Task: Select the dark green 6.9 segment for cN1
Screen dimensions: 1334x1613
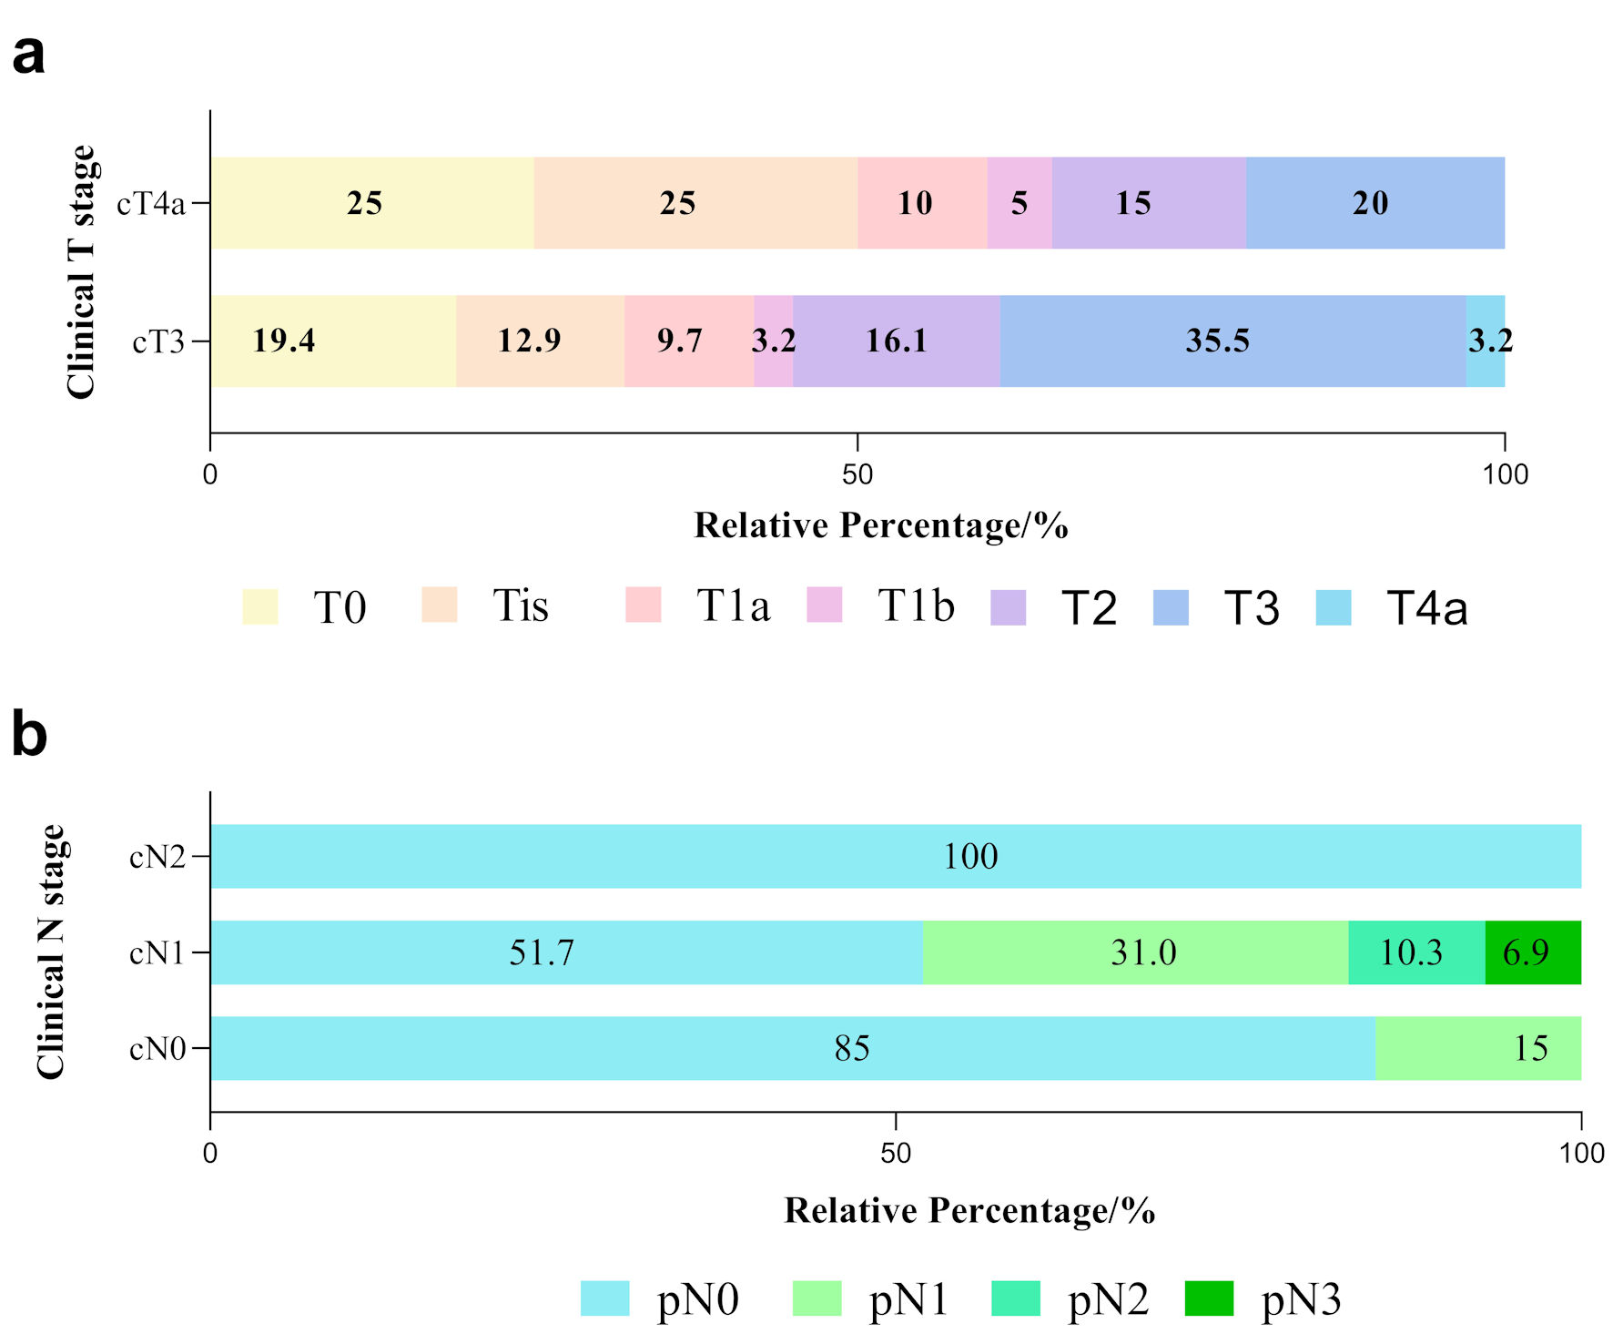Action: pyautogui.click(x=1533, y=952)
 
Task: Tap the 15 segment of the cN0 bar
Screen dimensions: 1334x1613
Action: pyautogui.click(x=1477, y=1048)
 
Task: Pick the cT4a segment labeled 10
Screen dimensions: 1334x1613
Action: pyautogui.click(x=922, y=202)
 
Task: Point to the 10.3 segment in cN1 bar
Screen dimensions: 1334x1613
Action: pyautogui.click(x=1416, y=952)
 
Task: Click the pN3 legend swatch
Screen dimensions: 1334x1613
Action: pyautogui.click(x=1209, y=1298)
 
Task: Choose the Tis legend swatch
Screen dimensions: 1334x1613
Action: pyautogui.click(x=440, y=606)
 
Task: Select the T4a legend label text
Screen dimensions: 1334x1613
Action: pyautogui.click(x=1426, y=607)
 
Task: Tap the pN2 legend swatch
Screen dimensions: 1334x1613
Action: pyautogui.click(x=1016, y=1298)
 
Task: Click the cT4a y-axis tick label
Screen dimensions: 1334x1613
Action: pyautogui.click(x=151, y=203)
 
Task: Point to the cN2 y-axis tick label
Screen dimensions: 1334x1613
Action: pyautogui.click(x=157, y=857)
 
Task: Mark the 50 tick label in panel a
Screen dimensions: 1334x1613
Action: pyautogui.click(x=857, y=474)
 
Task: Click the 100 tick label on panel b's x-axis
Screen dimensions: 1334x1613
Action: pyautogui.click(x=1581, y=1153)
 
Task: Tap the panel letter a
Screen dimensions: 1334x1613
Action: pyautogui.click(x=28, y=55)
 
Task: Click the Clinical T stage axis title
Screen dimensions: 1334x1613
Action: pyautogui.click(x=81, y=271)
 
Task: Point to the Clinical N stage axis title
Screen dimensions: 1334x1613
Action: pyautogui.click(x=51, y=952)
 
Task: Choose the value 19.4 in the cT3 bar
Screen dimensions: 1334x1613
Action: pyautogui.click(x=284, y=341)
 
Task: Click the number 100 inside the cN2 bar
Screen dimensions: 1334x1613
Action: pyautogui.click(x=970, y=857)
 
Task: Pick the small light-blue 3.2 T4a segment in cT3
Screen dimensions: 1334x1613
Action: pyautogui.click(x=1486, y=341)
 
